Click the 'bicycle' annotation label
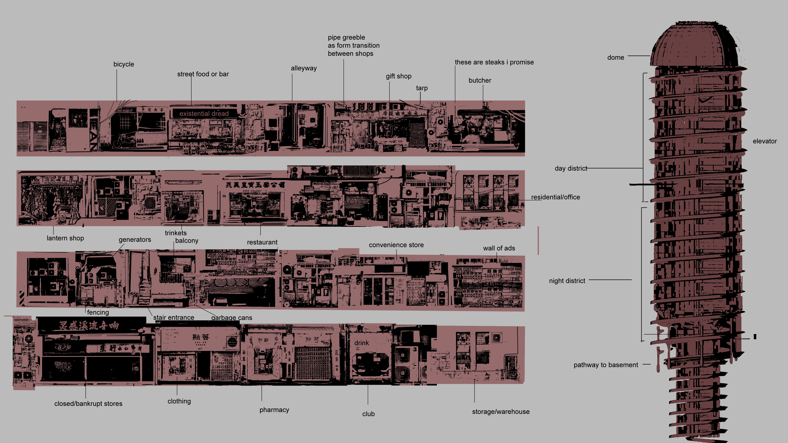click(124, 64)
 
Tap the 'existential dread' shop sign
click(204, 113)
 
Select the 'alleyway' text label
click(304, 68)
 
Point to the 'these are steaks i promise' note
click(494, 62)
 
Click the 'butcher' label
click(480, 80)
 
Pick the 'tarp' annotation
click(421, 88)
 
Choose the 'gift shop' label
click(398, 76)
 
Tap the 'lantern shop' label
click(65, 238)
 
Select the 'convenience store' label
click(396, 245)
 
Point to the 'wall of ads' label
click(499, 248)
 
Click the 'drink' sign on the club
click(361, 343)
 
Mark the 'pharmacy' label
click(274, 410)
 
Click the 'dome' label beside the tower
click(615, 57)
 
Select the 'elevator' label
click(764, 141)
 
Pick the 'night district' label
click(567, 281)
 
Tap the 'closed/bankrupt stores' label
click(88, 404)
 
